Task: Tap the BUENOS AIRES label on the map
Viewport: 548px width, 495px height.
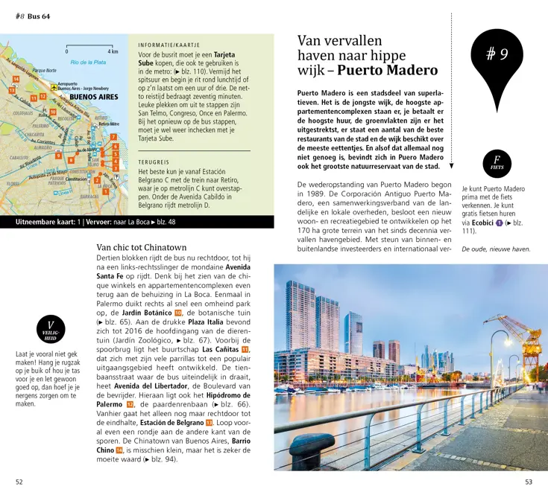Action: click(93, 98)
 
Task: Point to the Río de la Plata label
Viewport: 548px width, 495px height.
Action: click(89, 62)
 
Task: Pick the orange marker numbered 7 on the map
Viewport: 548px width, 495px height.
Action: click(113, 137)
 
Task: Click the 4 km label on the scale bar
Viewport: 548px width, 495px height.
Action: click(113, 51)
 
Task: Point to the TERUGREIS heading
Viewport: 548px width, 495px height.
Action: click(154, 162)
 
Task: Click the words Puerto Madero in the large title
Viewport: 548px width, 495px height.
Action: click(388, 71)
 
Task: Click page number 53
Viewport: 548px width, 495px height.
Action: click(528, 482)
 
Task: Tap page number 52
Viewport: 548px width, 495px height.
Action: click(19, 482)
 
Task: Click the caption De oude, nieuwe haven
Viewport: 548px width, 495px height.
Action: click(496, 249)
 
